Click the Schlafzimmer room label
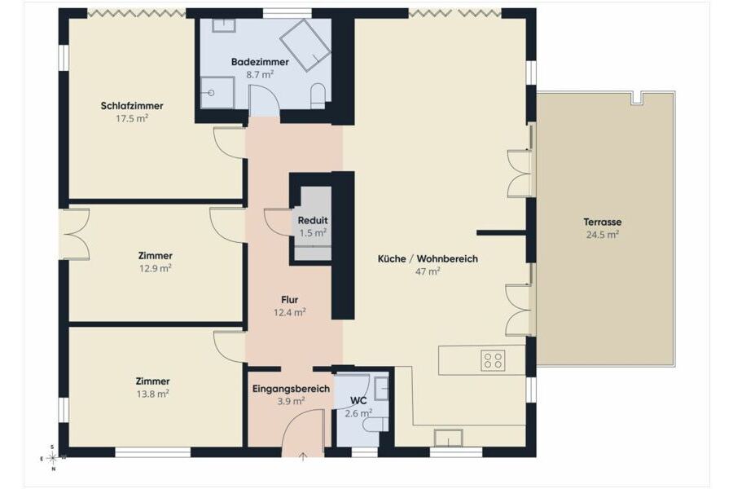132,106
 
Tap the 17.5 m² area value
132,119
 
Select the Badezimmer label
260,62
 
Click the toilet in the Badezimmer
318,96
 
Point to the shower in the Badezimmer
217,93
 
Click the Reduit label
313,220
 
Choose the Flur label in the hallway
290,299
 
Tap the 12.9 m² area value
156,269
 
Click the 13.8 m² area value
153,394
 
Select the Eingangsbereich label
292,389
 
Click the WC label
358,400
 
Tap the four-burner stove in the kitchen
493,360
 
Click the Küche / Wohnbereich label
428,258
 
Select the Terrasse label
603,222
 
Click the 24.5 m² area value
603,235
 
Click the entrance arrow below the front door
302,456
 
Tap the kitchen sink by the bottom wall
448,438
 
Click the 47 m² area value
428,271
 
